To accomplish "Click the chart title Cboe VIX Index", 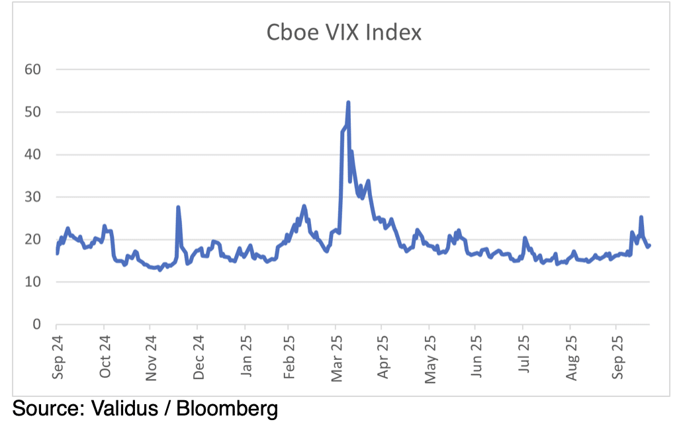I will (x=343, y=33).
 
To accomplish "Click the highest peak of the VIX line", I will (x=348, y=103).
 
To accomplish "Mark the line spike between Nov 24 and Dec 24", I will (x=178, y=207).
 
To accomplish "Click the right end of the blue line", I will (x=649, y=245).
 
